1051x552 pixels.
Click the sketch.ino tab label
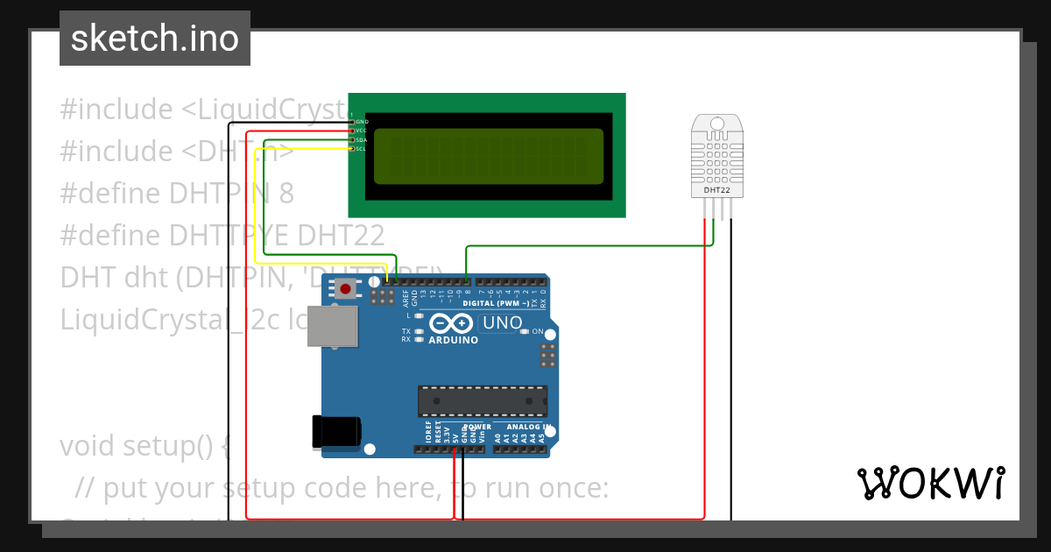coord(154,39)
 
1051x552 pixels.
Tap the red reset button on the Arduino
coord(346,288)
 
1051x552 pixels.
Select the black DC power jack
coord(335,432)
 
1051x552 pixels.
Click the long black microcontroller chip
coord(483,400)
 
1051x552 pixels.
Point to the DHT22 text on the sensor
coord(717,189)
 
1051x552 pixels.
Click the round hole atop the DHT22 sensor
coord(717,125)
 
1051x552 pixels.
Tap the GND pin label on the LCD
coord(362,122)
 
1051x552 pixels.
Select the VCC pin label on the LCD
coord(362,131)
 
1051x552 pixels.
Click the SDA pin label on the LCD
coord(362,140)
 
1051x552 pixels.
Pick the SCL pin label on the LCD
coord(362,149)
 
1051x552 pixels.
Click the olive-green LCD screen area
coord(489,156)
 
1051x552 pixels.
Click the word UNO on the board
coord(502,323)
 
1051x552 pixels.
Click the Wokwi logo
coord(930,483)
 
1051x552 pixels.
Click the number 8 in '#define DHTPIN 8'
coord(286,193)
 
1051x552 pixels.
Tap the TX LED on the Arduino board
coord(420,331)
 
